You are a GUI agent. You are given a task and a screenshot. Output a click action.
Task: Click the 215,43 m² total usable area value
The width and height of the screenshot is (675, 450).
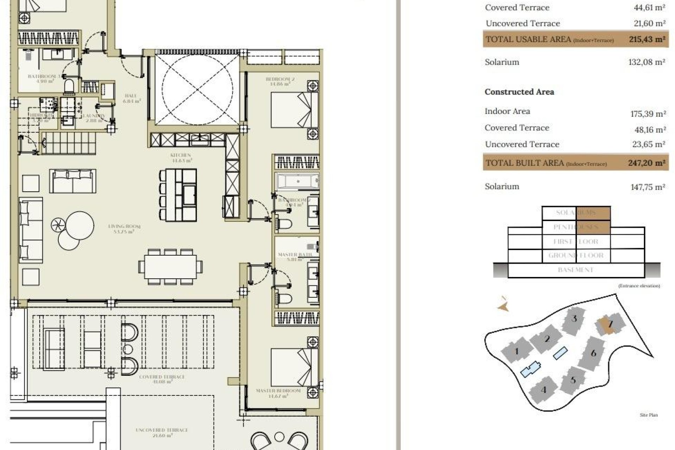[647, 39]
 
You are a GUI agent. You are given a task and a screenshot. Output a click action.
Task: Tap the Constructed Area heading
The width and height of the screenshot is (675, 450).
[519, 92]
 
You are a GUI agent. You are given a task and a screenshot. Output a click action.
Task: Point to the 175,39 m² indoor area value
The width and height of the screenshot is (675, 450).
[648, 114]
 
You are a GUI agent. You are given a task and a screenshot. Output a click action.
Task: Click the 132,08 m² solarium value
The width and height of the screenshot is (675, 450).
[647, 62]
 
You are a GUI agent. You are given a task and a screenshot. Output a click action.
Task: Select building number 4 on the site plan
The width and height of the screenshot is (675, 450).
[544, 390]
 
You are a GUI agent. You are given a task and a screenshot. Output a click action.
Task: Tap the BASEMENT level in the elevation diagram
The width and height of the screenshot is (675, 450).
[576, 270]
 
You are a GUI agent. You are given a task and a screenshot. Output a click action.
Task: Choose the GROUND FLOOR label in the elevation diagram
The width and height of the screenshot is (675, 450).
[576, 256]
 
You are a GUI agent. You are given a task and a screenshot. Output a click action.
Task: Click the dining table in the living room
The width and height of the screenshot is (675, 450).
[170, 267]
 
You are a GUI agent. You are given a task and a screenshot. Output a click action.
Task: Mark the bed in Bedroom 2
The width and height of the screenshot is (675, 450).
[291, 109]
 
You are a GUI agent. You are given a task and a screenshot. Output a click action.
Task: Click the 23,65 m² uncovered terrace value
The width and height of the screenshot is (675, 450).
[648, 144]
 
